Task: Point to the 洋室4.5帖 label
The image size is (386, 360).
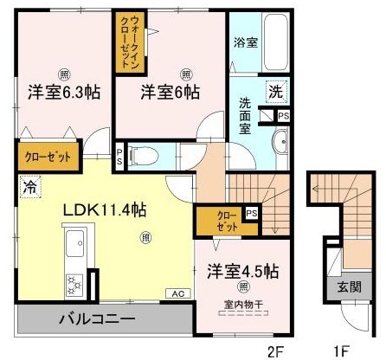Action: (x=242, y=271)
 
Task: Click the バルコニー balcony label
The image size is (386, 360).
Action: (x=96, y=320)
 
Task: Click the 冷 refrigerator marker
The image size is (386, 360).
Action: (x=30, y=184)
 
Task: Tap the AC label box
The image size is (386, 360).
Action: (x=179, y=292)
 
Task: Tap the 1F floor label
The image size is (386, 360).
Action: (x=342, y=350)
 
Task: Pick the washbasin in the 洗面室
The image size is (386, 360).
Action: (x=282, y=144)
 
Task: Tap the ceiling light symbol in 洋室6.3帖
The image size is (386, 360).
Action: (x=61, y=73)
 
